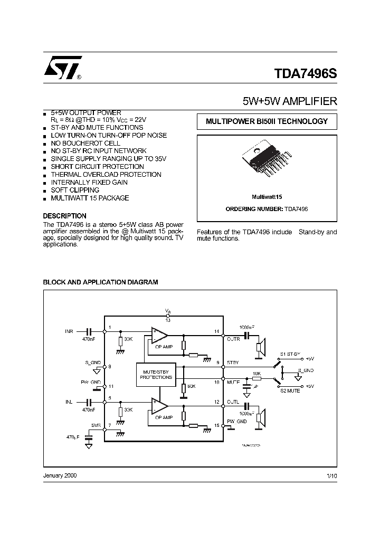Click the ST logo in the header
click(x=61, y=68)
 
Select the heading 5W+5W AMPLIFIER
click(x=289, y=101)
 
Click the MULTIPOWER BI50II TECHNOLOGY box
click(x=267, y=121)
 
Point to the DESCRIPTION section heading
click(x=64, y=216)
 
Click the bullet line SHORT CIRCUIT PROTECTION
click(x=97, y=167)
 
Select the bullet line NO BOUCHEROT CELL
click(x=85, y=143)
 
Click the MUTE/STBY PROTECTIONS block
click(x=156, y=375)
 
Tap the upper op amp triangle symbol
click(x=159, y=335)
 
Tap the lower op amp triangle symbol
click(x=159, y=406)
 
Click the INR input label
click(x=69, y=331)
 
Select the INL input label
click(x=69, y=402)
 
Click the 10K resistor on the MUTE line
click(x=256, y=379)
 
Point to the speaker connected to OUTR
click(x=260, y=347)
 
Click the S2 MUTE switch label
click(x=290, y=391)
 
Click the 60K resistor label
click(x=191, y=387)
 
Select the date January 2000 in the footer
click(x=60, y=475)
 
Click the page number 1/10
click(x=331, y=475)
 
